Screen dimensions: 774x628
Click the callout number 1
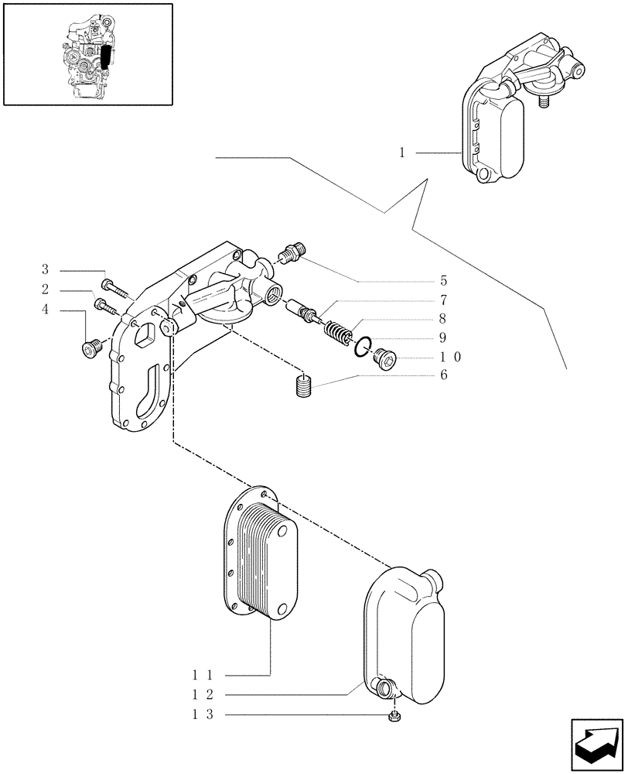pos(402,153)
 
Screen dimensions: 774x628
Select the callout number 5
pos(443,280)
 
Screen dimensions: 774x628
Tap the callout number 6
pos(443,375)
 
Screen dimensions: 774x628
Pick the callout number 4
pos(45,310)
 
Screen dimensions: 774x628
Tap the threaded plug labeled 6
pos(305,385)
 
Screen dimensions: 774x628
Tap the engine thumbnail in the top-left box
pos(87,54)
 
